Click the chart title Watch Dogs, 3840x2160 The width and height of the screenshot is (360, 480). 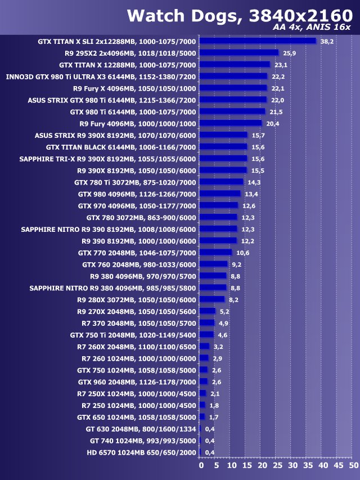click(239, 16)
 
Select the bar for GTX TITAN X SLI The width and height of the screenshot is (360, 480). click(258, 41)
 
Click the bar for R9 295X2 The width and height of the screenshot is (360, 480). click(239, 52)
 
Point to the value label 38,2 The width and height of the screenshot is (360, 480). click(327, 41)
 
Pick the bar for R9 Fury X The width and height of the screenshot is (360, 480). click(233, 88)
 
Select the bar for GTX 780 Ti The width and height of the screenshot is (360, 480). click(222, 182)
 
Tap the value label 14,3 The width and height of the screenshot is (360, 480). click(254, 182)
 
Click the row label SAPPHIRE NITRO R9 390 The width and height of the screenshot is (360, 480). click(109, 229)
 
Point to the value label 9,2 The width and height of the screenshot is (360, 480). click(237, 264)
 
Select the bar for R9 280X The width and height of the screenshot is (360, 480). click(212, 299)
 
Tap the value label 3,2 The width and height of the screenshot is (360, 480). click(218, 347)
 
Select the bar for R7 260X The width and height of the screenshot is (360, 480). click(205, 347)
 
